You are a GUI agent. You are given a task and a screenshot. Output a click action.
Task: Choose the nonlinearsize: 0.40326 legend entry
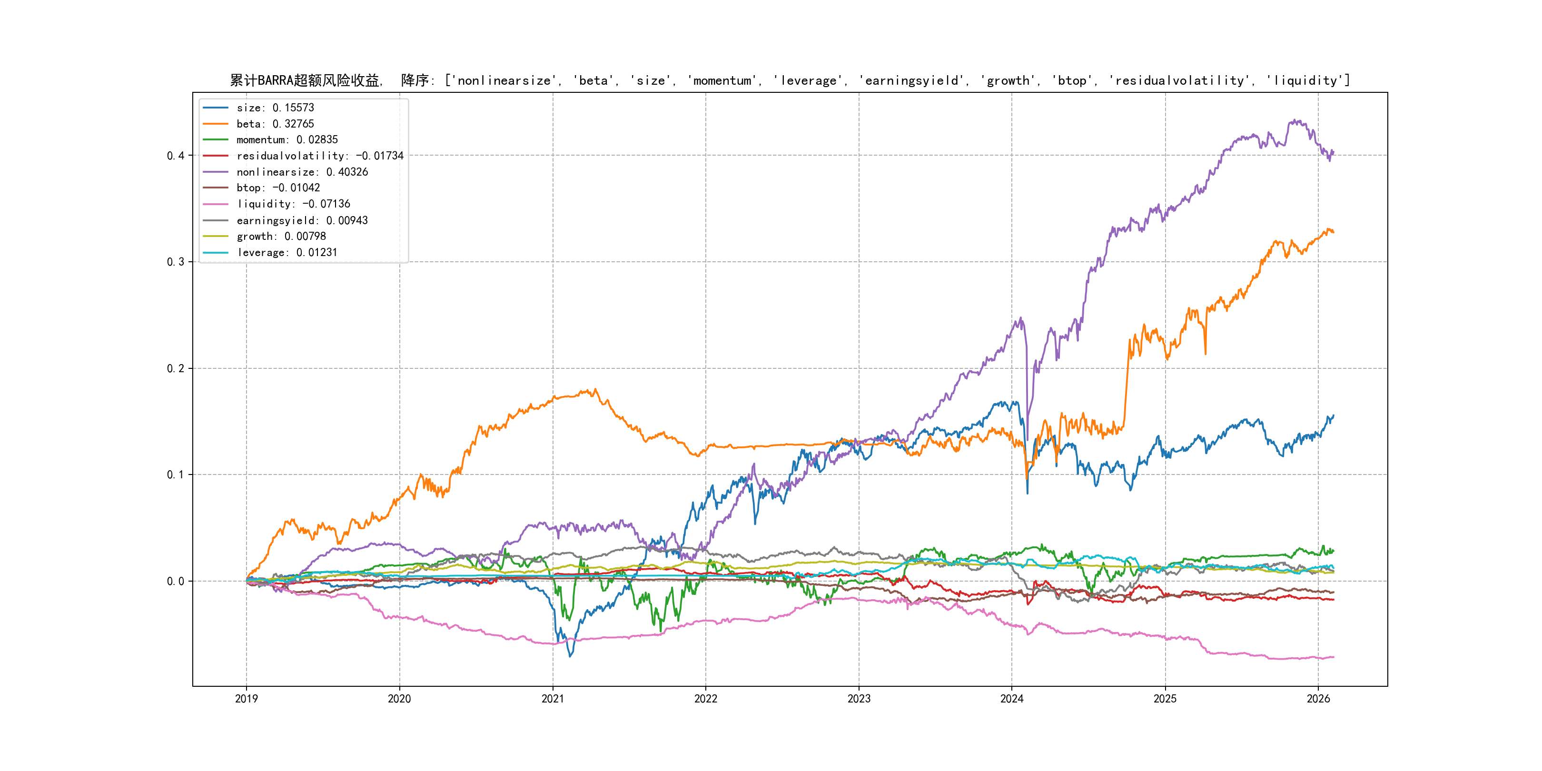302,172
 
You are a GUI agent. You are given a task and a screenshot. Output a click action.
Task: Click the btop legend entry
278,188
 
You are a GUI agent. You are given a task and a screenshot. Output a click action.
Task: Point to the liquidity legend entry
293,204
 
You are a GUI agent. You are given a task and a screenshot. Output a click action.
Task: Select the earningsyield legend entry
302,220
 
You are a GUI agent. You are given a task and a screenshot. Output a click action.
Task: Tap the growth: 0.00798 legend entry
281,237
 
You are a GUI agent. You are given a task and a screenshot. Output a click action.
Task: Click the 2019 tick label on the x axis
246,699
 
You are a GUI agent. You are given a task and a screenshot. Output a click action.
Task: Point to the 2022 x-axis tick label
706,699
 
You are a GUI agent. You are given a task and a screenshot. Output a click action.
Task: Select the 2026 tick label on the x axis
1318,699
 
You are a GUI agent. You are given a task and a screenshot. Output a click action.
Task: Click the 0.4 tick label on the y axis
176,156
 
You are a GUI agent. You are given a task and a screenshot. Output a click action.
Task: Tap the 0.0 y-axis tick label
176,581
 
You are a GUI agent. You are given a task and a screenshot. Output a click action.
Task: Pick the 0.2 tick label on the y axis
176,368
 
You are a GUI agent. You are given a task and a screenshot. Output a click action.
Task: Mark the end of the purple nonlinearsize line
1333,153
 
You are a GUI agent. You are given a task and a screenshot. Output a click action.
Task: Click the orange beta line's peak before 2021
594,390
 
